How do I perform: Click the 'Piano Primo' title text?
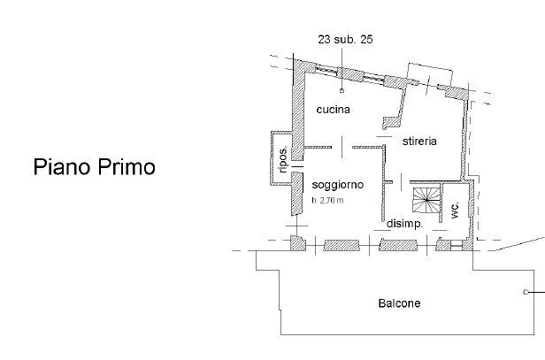click(94, 167)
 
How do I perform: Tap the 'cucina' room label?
click(334, 110)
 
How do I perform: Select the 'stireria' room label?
click(419, 141)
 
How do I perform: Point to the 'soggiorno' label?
click(335, 184)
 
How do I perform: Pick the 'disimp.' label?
click(405, 224)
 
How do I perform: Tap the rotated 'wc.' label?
click(454, 210)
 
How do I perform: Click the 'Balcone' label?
click(400, 303)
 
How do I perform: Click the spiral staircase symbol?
click(426, 200)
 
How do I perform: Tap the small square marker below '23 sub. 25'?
click(341, 90)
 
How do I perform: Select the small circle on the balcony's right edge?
click(527, 291)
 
